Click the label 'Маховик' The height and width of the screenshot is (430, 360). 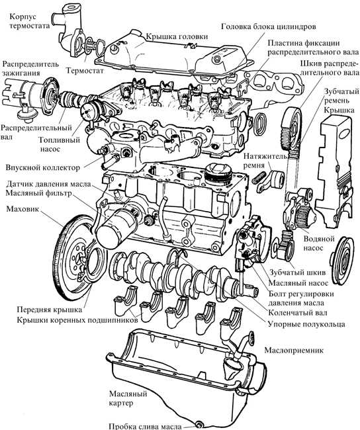[x=23, y=209]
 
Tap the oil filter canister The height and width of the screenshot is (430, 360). [x=116, y=228]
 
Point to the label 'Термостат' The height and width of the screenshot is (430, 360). [x=85, y=71]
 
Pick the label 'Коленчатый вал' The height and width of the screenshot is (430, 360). [x=298, y=313]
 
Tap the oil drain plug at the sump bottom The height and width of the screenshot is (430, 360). [x=199, y=425]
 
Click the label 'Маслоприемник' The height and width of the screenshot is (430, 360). [x=294, y=350]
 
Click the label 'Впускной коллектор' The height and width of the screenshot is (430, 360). [x=43, y=167]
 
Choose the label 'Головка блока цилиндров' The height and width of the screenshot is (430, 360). [x=269, y=26]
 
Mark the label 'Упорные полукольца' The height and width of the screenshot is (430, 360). [x=306, y=324]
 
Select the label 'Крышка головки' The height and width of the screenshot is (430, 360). [x=177, y=36]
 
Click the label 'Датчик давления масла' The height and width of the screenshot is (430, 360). [x=48, y=184]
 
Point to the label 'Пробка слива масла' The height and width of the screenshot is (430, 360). [x=146, y=426]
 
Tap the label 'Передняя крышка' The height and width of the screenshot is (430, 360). [x=50, y=310]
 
